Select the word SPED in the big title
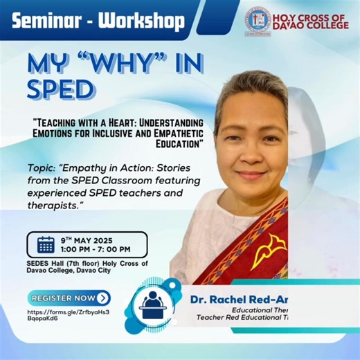[x=60, y=89]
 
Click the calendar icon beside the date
[x=46, y=244]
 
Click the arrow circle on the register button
[x=103, y=298]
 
